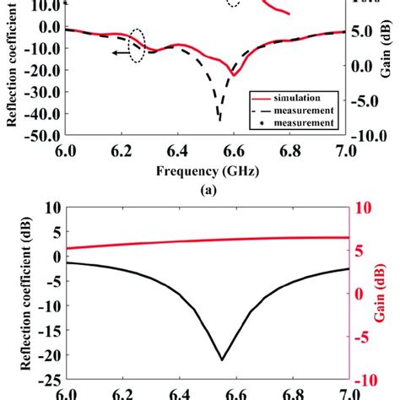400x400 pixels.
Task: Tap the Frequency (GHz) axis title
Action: point(207,171)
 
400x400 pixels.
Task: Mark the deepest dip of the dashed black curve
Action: point(220,119)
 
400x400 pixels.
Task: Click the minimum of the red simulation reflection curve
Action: point(234,77)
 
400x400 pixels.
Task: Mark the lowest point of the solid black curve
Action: point(222,359)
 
